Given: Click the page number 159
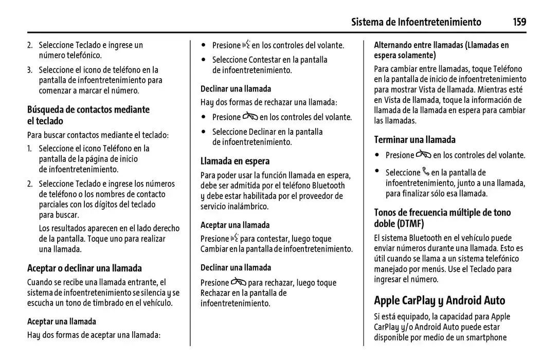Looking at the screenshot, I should point(519,22).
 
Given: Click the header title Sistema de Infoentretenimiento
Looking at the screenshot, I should point(416,22).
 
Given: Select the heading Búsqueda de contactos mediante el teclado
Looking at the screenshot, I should point(88,115).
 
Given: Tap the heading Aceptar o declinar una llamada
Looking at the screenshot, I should point(84,268).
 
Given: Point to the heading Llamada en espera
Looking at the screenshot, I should point(235,161).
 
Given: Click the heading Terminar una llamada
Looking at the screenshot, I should point(414,139).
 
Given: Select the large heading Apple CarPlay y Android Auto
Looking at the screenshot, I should point(439,300).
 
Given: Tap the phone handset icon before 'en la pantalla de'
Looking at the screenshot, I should point(425,172).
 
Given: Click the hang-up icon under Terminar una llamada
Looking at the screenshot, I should point(424,154).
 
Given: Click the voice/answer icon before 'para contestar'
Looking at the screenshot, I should point(234,238).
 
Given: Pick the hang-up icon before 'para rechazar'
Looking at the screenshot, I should point(238,282).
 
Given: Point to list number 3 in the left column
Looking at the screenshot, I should point(30,70).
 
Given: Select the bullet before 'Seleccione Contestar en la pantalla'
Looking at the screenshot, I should point(204,60).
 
